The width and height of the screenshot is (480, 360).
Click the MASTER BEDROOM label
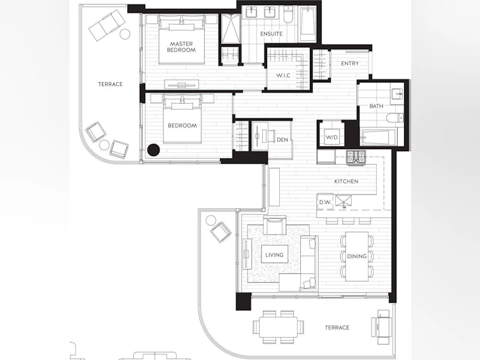click(181, 47)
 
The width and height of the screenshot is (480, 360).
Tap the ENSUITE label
click(271, 34)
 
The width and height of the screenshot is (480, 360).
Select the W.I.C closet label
click(283, 75)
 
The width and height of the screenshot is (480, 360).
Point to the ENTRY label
click(349, 63)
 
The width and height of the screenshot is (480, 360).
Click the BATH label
click(376, 106)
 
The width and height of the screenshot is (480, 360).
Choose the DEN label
click(282, 140)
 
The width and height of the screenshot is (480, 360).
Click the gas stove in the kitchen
click(356, 157)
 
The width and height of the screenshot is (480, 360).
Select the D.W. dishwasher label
click(325, 202)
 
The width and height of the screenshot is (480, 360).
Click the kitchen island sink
click(344, 201)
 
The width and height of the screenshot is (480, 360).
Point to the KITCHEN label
click(346, 182)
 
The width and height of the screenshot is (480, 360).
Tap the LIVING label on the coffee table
click(274, 255)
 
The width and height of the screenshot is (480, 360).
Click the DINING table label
click(356, 256)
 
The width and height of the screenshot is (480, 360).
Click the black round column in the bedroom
click(154, 150)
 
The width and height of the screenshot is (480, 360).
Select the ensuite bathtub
click(307, 24)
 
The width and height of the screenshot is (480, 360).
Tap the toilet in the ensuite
click(288, 15)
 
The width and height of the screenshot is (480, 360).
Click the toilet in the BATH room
click(395, 118)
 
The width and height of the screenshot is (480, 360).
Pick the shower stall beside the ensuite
click(231, 29)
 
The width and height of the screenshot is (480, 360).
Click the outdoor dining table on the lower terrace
click(279, 327)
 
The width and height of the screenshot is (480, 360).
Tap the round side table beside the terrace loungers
click(125, 34)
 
